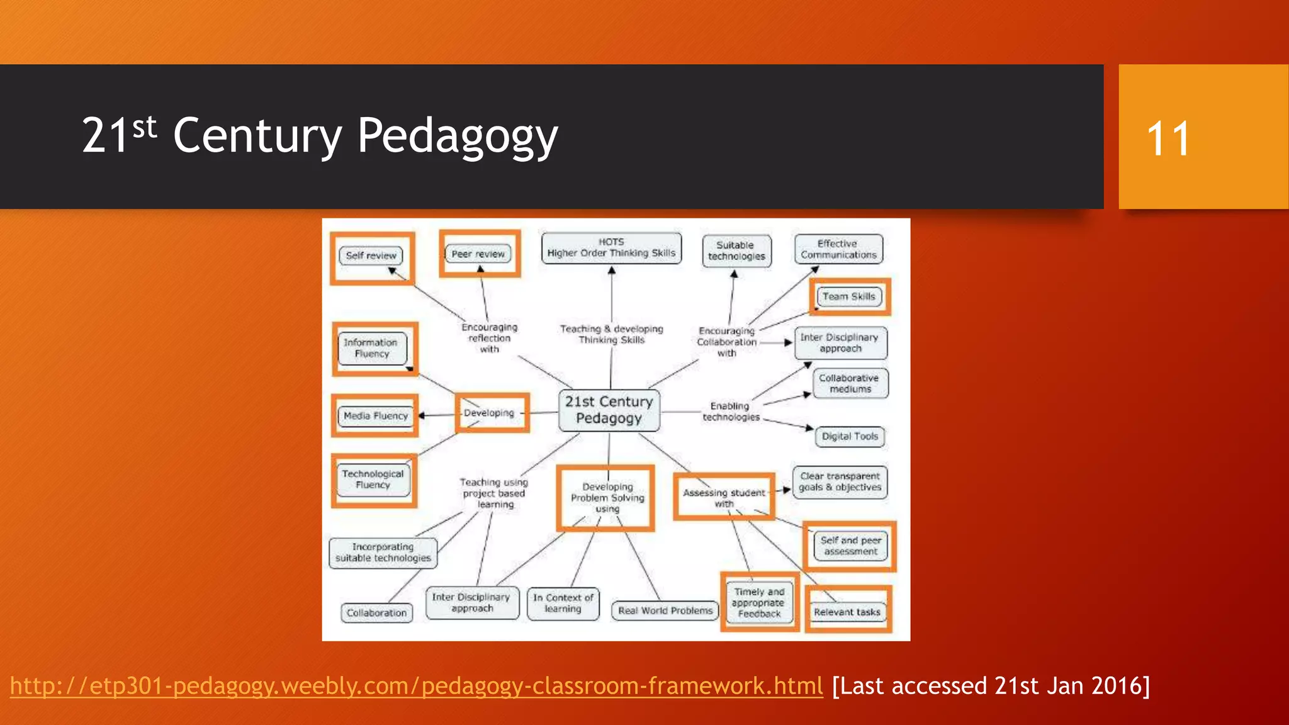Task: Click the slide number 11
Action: click(1168, 138)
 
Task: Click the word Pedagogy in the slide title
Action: click(458, 136)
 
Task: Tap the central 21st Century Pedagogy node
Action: click(609, 410)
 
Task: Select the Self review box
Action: click(371, 256)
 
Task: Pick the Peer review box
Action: click(478, 254)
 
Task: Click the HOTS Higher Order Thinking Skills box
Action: click(611, 248)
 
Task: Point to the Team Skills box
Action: click(849, 296)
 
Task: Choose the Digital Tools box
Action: click(850, 436)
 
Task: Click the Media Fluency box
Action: click(376, 416)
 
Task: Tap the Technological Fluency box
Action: click(373, 480)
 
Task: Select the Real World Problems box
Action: click(665, 610)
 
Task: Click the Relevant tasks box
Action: click(847, 612)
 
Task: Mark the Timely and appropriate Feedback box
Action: click(759, 603)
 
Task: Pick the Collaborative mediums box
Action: click(850, 383)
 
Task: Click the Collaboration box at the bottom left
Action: click(376, 613)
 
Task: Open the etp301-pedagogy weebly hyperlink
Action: click(416, 686)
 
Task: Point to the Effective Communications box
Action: click(838, 249)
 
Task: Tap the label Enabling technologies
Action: click(730, 412)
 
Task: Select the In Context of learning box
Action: click(563, 603)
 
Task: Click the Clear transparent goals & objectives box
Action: click(840, 482)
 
